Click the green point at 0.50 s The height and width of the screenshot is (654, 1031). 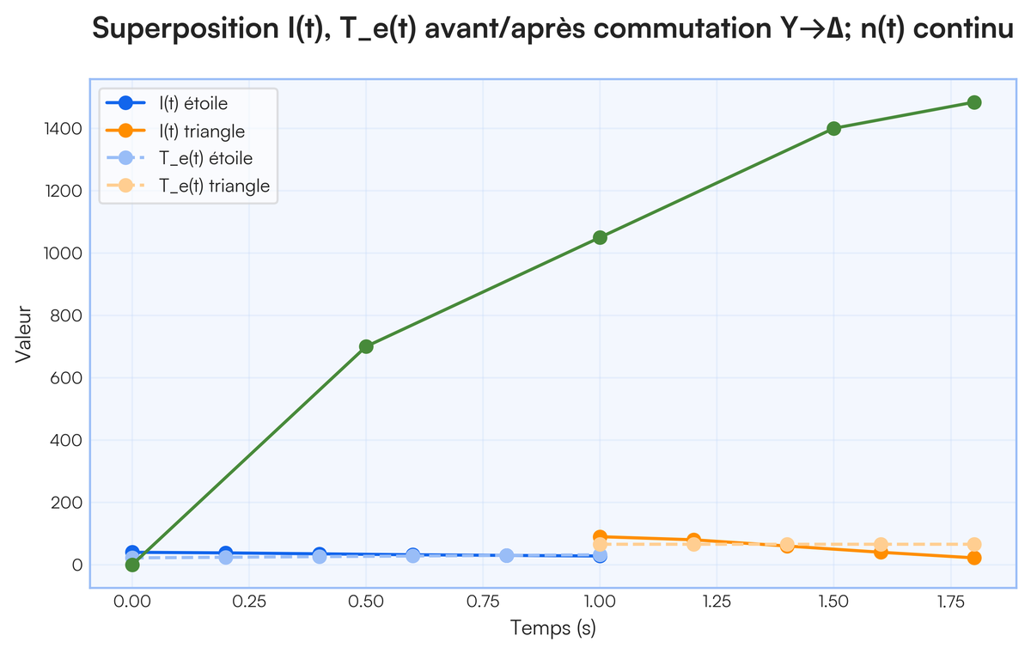coord(366,346)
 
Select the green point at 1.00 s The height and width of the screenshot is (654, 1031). coord(600,237)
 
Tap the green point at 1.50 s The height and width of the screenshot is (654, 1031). coord(833,129)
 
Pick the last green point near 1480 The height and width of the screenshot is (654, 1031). coord(973,102)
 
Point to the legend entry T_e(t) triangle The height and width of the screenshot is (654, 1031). coord(214,186)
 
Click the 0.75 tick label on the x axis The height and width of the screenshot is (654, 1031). coord(483,599)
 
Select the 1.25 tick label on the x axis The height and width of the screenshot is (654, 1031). coord(717,599)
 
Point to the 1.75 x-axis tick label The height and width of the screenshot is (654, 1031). coord(950,599)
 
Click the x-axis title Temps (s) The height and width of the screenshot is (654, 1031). coord(552,628)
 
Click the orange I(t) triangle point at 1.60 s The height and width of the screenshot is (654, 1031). coord(881,552)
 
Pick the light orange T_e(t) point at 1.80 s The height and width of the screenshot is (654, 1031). coord(973,544)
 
